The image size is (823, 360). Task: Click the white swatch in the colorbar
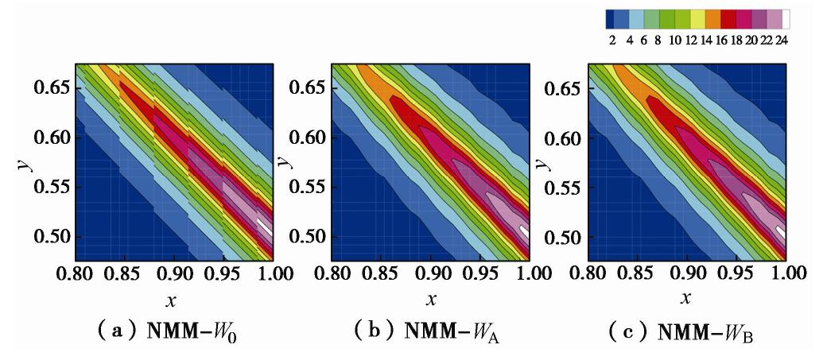tap(786, 19)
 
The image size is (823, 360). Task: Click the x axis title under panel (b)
tap(431, 300)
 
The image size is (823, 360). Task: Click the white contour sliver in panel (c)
tap(781, 231)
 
